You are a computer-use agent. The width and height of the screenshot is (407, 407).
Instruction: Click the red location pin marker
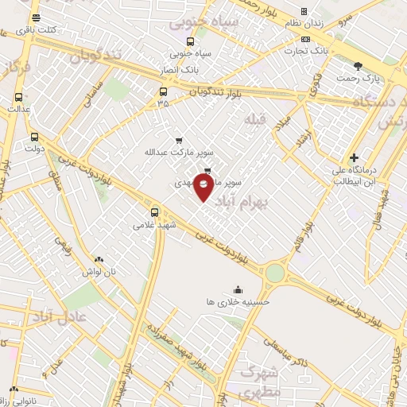pos(204,188)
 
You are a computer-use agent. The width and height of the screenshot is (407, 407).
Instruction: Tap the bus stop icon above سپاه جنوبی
pos(189,42)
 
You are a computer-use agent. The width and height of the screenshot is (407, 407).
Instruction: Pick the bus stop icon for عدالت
pos(18,98)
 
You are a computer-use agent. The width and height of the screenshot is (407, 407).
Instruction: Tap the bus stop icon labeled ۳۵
pos(163,91)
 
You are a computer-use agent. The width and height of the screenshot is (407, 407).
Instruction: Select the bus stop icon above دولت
pos(33,137)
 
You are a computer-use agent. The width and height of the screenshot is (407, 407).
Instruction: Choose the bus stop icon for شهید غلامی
pos(154,212)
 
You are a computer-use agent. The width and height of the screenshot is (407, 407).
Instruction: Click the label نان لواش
pos(99,271)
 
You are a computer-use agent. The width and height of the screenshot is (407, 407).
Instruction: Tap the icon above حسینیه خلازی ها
pos(237,289)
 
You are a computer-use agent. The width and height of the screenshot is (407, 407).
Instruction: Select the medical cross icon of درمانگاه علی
pos(354,158)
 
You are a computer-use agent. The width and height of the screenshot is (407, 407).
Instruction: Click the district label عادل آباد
pos(75,319)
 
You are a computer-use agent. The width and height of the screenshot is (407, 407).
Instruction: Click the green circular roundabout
pos(274,273)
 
